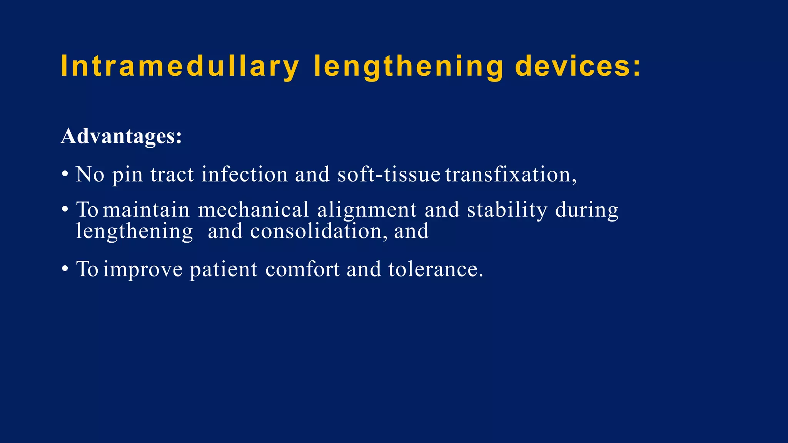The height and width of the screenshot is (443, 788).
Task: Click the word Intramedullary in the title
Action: point(180,67)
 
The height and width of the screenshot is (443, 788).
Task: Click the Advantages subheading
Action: point(121,136)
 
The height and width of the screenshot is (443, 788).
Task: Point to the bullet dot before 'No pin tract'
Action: point(65,174)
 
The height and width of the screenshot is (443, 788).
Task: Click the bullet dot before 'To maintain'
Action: point(65,210)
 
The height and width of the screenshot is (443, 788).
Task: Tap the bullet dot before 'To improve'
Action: point(65,269)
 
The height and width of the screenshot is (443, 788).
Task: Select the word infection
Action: point(244,174)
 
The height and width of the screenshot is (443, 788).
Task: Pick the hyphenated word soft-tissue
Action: point(389,174)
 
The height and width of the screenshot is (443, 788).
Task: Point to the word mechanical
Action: point(254,210)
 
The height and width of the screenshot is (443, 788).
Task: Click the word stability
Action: point(507,210)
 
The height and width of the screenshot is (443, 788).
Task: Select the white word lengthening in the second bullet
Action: point(134,231)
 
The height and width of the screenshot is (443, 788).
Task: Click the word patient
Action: point(223,269)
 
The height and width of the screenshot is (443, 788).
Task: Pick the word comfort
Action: point(302,269)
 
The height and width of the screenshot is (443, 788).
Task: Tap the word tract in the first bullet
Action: point(172,174)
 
